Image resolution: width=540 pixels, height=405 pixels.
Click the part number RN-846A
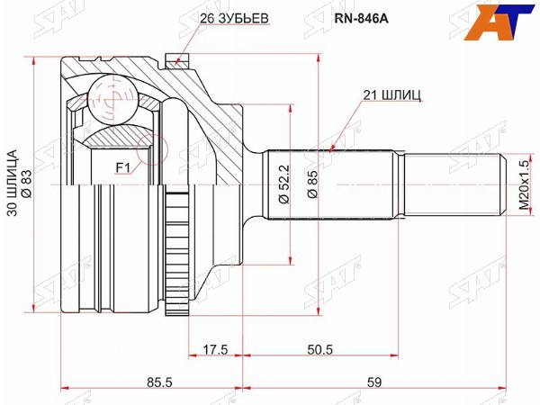(x=361, y=19)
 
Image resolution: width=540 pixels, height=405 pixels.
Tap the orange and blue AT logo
(x=499, y=22)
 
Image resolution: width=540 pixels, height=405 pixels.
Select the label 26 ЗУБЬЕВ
(x=234, y=19)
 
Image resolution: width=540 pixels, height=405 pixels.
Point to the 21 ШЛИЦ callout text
(x=391, y=95)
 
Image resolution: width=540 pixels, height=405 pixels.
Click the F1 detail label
(x=121, y=168)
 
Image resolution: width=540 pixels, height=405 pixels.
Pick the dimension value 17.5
(x=215, y=349)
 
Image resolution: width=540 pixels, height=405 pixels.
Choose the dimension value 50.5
(x=319, y=349)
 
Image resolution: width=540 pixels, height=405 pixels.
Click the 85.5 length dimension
(x=159, y=382)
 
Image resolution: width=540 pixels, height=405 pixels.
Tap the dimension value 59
(x=374, y=382)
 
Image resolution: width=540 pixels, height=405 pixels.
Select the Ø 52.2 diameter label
(x=284, y=184)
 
